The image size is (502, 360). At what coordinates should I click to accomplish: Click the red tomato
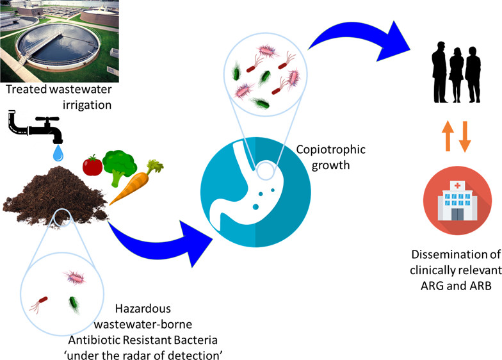(x=93, y=165)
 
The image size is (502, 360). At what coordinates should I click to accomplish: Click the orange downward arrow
(x=465, y=137)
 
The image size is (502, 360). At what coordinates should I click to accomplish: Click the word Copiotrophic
(x=330, y=150)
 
